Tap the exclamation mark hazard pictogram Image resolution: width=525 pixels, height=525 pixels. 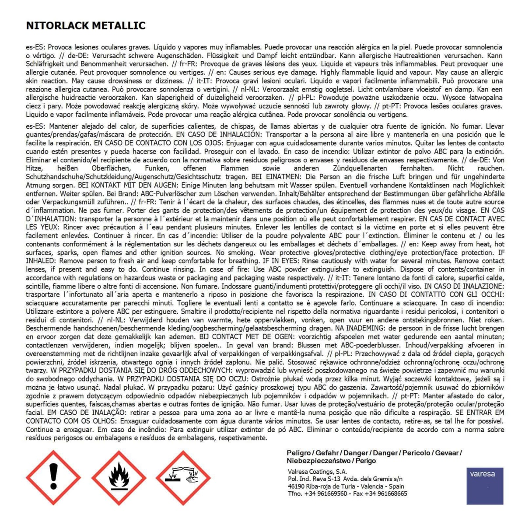point(53,477)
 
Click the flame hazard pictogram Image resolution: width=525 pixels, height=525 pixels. point(118,477)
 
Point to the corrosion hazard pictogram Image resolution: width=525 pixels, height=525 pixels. point(183,477)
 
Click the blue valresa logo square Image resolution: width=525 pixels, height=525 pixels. point(485,486)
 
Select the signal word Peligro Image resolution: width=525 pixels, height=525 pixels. point(299,453)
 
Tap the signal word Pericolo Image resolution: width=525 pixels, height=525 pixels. point(416,453)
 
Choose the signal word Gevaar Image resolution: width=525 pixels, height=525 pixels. point(447,453)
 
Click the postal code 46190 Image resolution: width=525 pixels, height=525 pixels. point(297,486)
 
